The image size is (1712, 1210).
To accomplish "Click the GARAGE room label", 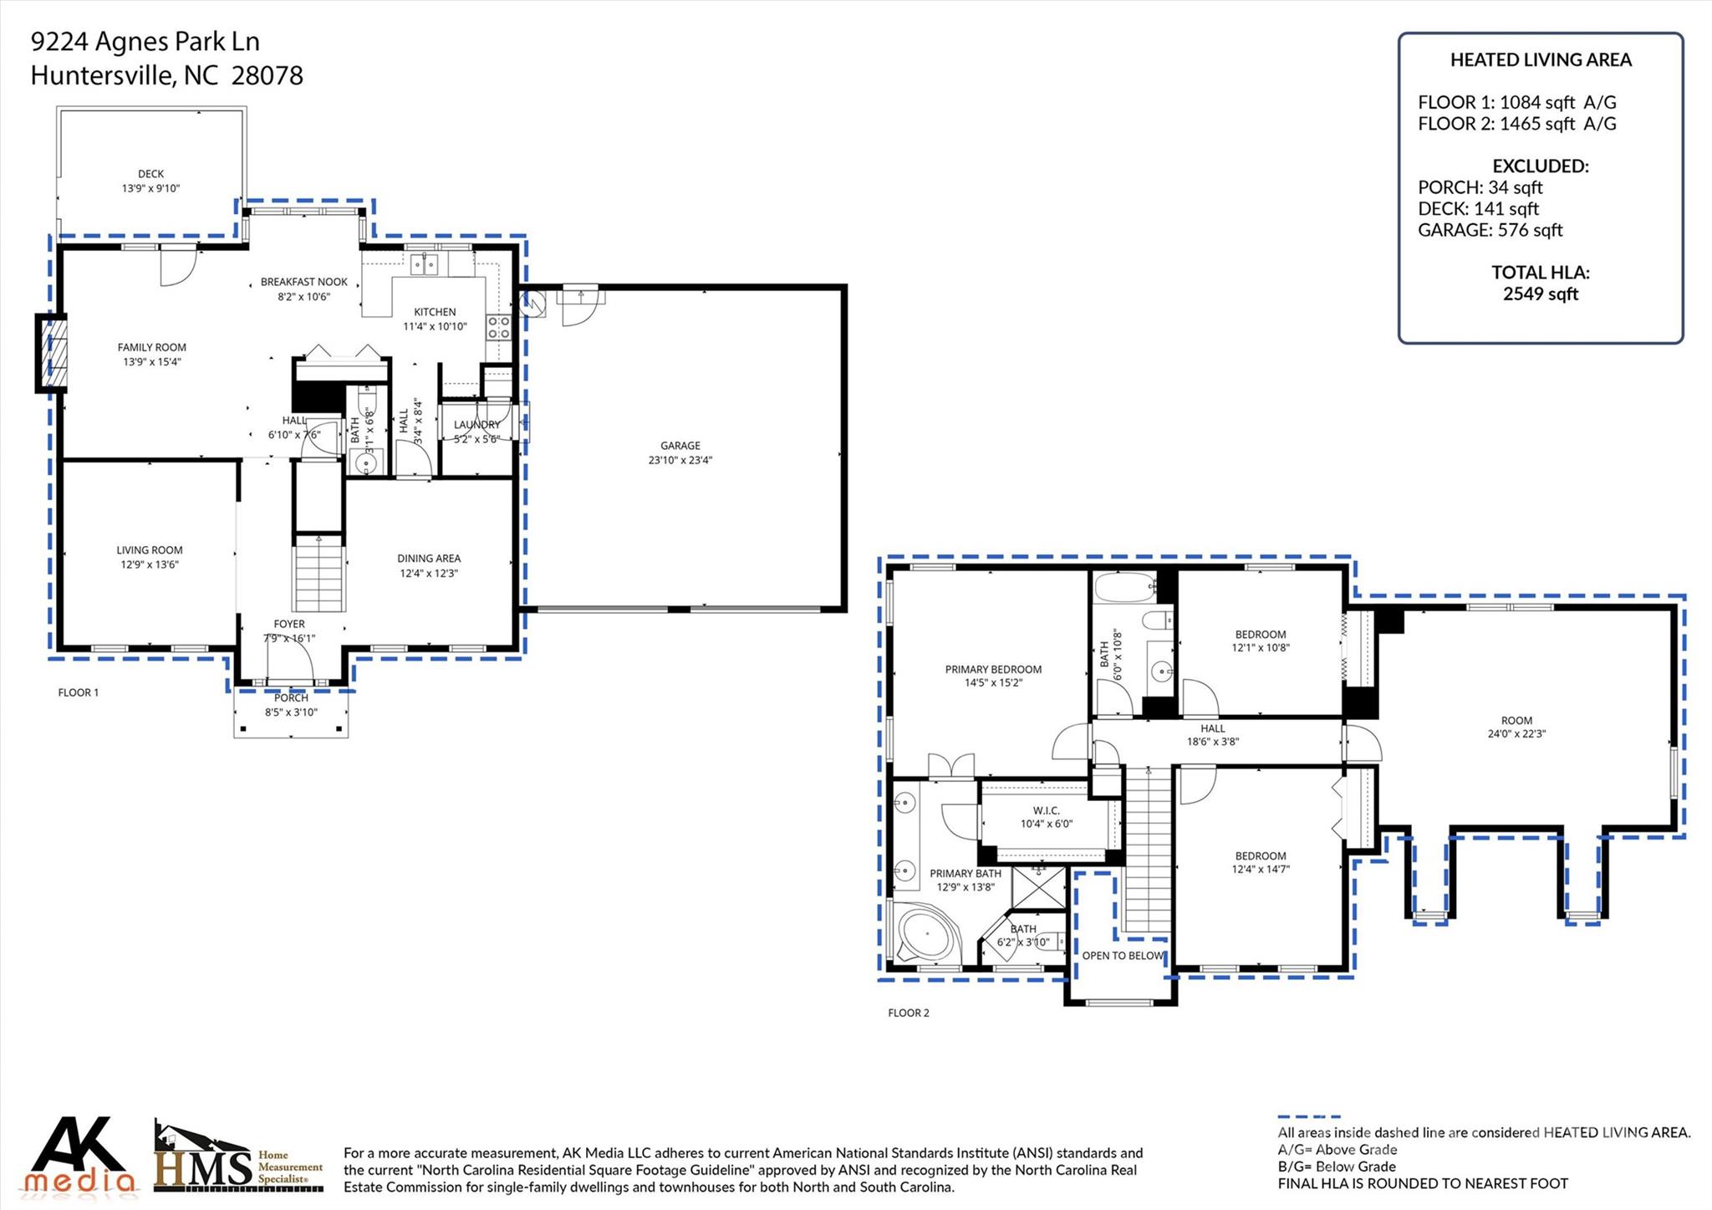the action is pos(680,446).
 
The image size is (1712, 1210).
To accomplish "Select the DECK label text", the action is pos(151,174).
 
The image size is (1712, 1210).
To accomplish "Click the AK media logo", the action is pos(80,1155).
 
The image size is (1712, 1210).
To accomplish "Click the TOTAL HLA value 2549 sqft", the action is pos(1541,294).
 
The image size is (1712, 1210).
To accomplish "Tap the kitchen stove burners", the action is pos(498,327).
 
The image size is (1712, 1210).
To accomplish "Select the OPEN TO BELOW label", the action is pos(1123,956).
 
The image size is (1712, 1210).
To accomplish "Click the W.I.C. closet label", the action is pos(1046,810).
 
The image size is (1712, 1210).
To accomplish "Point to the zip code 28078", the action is pos(267,76).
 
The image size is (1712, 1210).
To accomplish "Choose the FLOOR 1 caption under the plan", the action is pos(79,692).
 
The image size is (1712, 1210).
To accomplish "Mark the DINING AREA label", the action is pos(429,559).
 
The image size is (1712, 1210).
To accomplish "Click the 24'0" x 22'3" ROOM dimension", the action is pos(1516,734).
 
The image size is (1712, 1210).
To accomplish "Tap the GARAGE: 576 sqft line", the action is pos(1490,230).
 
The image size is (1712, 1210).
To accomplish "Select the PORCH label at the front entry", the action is pos(291,697).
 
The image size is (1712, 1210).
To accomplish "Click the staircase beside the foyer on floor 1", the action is pos(319,572).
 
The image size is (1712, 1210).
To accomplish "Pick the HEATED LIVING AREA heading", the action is pos(1541,60).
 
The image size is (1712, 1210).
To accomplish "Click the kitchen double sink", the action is pos(425,265).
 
